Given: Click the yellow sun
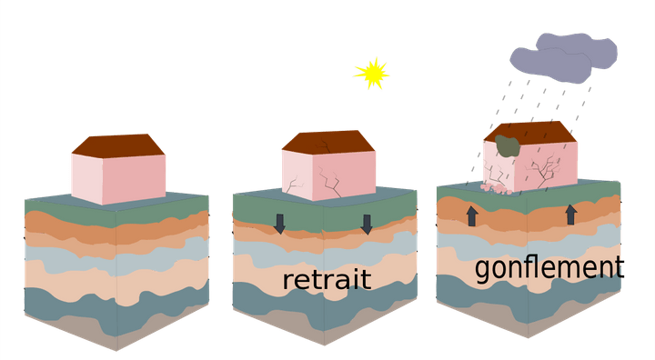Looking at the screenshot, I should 371,74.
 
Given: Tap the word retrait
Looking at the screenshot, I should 327,279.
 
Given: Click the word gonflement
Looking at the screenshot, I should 549,267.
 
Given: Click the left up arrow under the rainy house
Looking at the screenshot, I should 472,215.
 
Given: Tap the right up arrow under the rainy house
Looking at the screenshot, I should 571,215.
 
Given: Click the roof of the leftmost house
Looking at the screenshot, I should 118,145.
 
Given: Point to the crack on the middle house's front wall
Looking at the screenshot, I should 296,185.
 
